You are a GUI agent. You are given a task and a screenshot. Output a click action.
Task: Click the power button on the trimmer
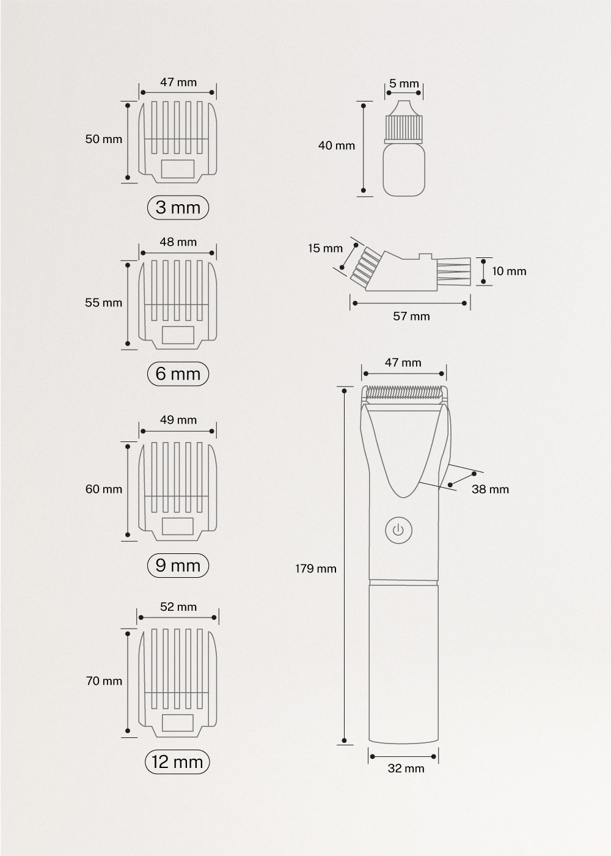398,530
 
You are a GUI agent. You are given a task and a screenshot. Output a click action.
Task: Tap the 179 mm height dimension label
316,569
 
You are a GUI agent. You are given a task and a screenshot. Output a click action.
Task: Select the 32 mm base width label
406,769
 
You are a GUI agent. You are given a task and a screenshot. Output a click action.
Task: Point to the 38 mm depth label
490,489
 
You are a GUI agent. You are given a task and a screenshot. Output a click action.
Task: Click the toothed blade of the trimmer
404,391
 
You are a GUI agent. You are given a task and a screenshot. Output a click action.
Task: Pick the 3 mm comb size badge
178,208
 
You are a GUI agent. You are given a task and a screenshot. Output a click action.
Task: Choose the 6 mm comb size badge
178,374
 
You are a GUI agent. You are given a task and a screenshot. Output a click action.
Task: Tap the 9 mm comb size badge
178,565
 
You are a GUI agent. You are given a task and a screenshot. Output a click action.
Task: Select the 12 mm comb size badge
177,762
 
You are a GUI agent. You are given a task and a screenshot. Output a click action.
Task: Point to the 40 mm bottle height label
336,146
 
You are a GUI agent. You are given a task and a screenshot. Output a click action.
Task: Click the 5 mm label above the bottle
404,84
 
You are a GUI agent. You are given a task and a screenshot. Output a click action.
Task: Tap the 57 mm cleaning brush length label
411,316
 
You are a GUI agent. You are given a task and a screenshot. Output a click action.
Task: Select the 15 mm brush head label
325,248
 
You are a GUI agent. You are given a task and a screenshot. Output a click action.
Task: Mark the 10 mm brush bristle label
509,271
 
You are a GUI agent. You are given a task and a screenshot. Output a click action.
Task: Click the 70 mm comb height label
104,681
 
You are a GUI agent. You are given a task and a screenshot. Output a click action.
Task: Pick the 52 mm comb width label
178,607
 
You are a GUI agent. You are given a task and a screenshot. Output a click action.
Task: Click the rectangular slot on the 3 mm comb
177,168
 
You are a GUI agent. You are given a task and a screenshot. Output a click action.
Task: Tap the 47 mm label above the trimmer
403,363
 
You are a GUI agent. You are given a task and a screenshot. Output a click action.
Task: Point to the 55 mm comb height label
103,303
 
